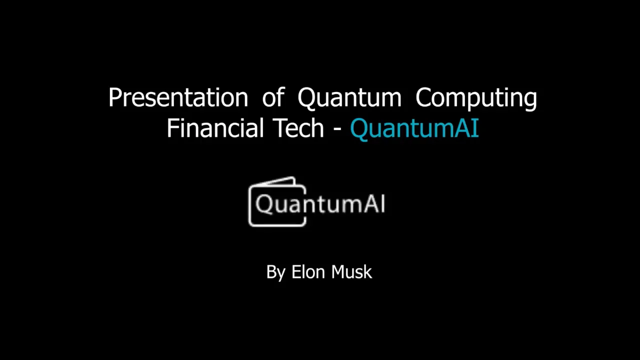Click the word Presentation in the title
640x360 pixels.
(x=178, y=97)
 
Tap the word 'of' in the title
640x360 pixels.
(x=273, y=97)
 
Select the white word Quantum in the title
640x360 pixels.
(x=349, y=97)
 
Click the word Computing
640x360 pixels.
(x=476, y=97)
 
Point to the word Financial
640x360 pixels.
(x=214, y=128)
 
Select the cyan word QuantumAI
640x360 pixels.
(x=414, y=128)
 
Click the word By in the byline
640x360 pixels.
(x=275, y=272)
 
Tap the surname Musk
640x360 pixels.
(x=352, y=272)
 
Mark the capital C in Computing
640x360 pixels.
(x=425, y=97)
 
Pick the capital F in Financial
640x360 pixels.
(x=172, y=128)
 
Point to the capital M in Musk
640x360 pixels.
(x=339, y=272)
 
